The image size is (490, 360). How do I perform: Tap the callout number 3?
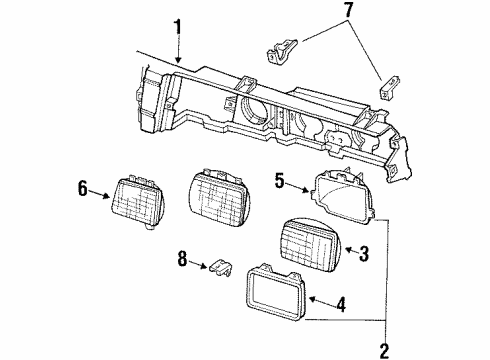click(x=364, y=255)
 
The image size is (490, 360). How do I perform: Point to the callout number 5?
click(x=281, y=182)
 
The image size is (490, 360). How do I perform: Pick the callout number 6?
click(x=82, y=186)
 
